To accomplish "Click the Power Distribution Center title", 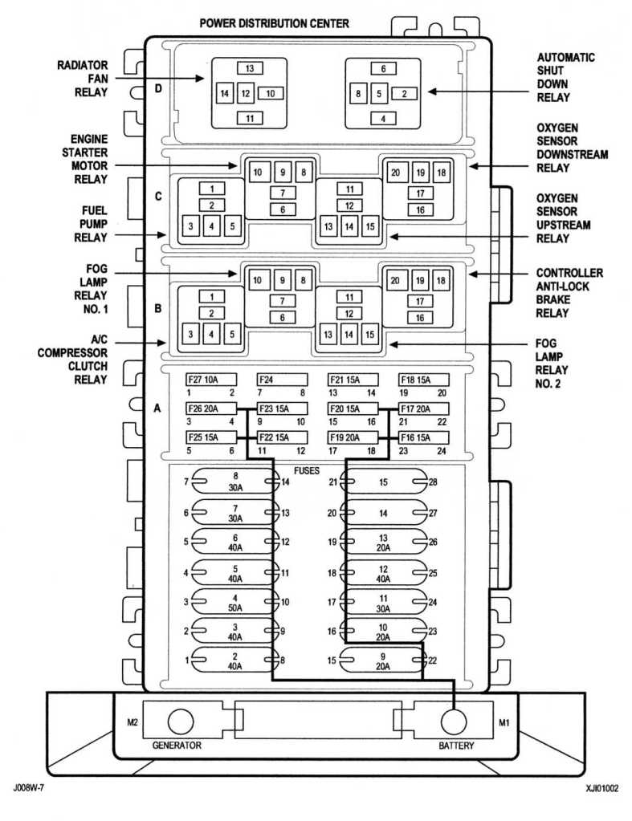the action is pyautogui.click(x=274, y=23).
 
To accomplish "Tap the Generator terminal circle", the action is pyautogui.click(x=180, y=722).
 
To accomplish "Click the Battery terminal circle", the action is pyautogui.click(x=453, y=722).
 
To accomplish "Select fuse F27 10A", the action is pyautogui.click(x=211, y=380).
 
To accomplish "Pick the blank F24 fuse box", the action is pyautogui.click(x=282, y=380).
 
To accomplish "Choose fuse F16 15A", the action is pyautogui.click(x=423, y=437).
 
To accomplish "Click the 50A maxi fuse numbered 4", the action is pyautogui.click(x=235, y=602).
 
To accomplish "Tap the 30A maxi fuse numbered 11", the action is pyautogui.click(x=383, y=602).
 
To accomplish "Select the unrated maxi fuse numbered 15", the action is pyautogui.click(x=383, y=482).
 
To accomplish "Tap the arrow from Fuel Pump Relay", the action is pyautogui.click(x=140, y=235).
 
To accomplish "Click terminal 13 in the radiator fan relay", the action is pyautogui.click(x=250, y=68).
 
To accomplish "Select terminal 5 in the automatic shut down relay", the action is pyautogui.click(x=379, y=94).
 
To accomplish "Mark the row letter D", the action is pyautogui.click(x=157, y=88).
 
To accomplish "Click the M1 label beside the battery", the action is pyautogui.click(x=504, y=722).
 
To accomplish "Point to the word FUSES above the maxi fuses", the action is pyautogui.click(x=307, y=471).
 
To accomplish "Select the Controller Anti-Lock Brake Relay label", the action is pyautogui.click(x=569, y=293).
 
